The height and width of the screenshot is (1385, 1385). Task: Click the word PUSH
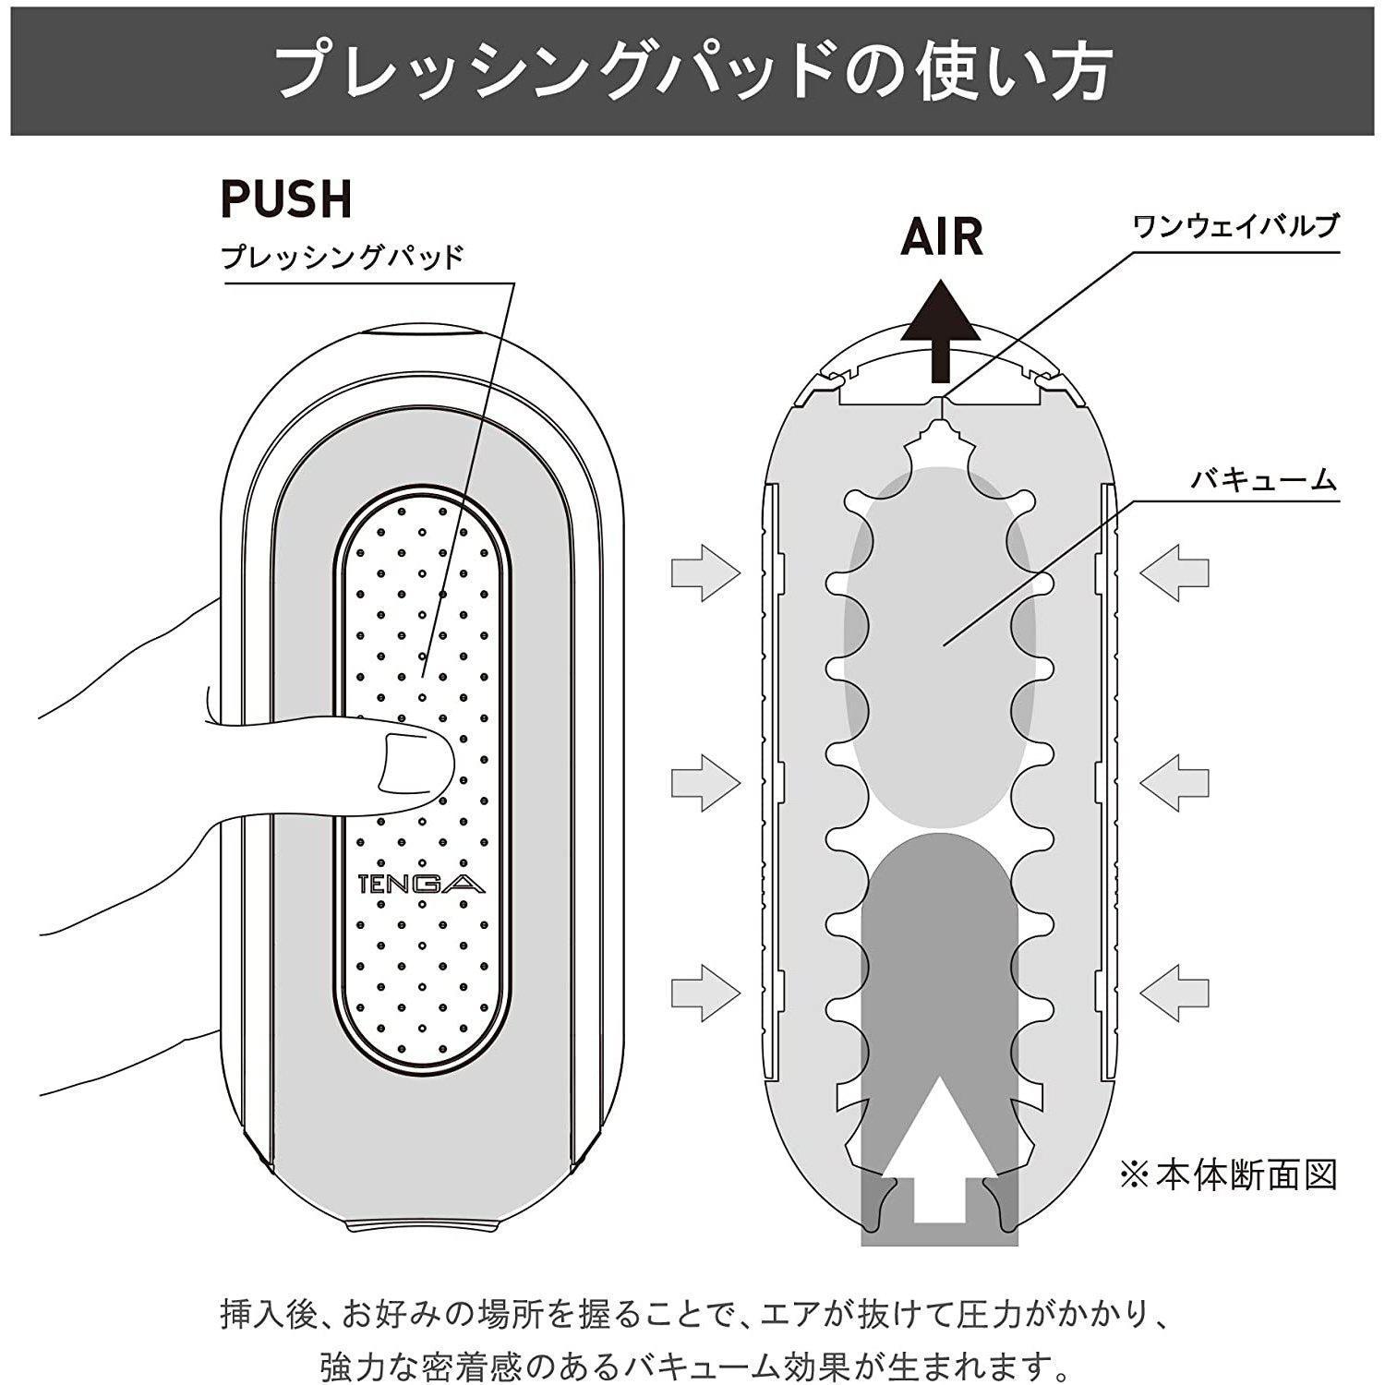pyautogui.click(x=286, y=199)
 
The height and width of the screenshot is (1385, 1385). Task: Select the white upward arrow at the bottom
pyautogui.click(x=939, y=1154)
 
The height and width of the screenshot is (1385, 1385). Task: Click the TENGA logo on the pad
pyautogui.click(x=421, y=885)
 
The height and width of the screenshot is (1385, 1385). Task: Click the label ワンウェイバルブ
pyautogui.click(x=1234, y=226)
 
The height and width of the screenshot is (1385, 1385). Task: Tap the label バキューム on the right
pyautogui.click(x=1262, y=480)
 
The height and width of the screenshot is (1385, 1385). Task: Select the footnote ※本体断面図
pyautogui.click(x=1228, y=1174)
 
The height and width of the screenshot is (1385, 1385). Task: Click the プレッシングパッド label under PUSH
pyautogui.click(x=343, y=256)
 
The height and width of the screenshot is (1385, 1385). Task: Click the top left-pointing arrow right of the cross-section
pyautogui.click(x=1174, y=573)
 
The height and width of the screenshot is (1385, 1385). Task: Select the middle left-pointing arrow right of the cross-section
pyautogui.click(x=1174, y=783)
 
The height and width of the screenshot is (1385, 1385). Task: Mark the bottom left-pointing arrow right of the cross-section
pyautogui.click(x=1174, y=992)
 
